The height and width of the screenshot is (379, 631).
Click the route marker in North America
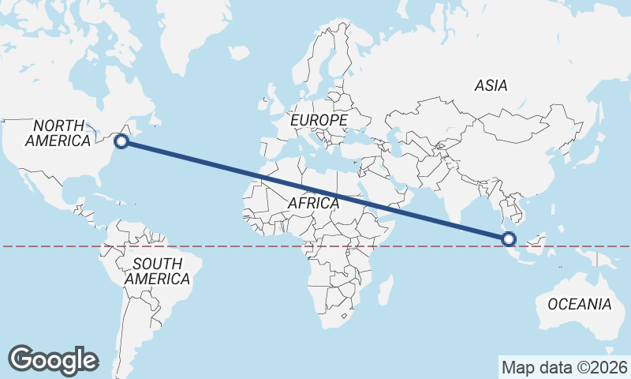pos(121,141)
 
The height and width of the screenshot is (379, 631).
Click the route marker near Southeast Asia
pos(509,238)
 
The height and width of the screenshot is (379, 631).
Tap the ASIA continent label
pos(491,86)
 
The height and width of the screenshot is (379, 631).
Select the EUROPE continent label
pos(319,120)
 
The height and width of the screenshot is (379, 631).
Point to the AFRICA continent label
pos(313,203)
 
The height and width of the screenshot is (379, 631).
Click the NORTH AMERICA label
pos(58,133)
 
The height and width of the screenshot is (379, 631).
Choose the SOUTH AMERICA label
pos(158,271)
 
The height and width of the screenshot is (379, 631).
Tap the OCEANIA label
pos(579,304)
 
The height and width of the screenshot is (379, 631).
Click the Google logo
pos(53,359)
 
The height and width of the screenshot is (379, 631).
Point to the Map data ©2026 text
pos(564,367)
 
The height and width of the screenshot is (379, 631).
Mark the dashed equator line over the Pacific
pos(47,246)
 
